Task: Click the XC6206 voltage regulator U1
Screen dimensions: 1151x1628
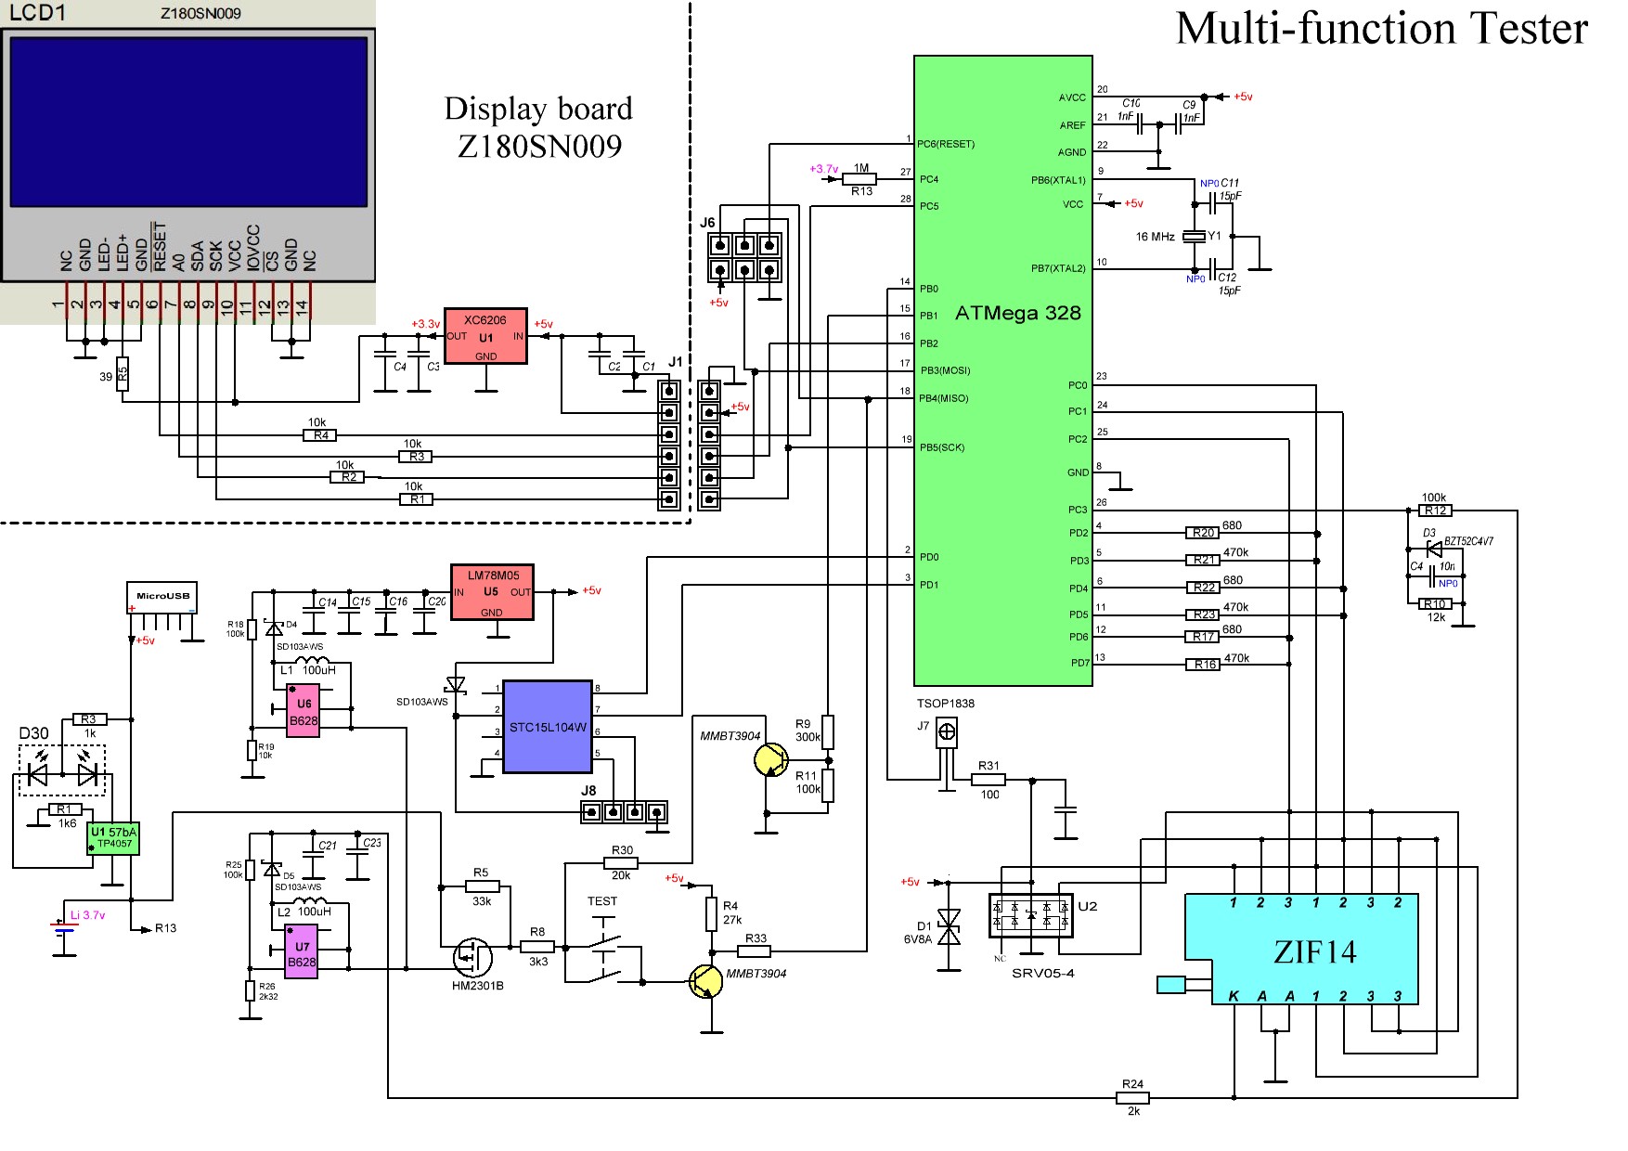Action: (485, 336)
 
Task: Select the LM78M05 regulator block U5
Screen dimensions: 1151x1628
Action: (492, 592)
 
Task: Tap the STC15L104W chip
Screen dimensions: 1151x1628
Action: (548, 727)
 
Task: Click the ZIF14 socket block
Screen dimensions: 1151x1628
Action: (1314, 949)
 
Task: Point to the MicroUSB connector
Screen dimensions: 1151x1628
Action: (162, 597)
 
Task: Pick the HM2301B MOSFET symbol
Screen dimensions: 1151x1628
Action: (474, 955)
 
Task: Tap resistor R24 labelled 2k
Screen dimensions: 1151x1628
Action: (1132, 1097)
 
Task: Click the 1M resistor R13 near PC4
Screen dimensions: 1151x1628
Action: (860, 179)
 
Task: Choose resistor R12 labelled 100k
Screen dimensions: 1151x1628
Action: (1435, 510)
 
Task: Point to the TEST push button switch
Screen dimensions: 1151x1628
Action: (604, 947)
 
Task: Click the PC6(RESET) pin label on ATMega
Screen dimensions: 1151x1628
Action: (946, 144)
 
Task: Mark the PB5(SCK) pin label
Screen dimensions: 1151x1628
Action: (942, 447)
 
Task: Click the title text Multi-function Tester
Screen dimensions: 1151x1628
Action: (1381, 29)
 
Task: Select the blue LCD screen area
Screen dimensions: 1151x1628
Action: (188, 122)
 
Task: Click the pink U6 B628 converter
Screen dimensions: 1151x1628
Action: (303, 711)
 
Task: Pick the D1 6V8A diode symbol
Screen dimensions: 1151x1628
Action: (949, 926)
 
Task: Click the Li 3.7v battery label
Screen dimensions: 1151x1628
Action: (88, 915)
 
